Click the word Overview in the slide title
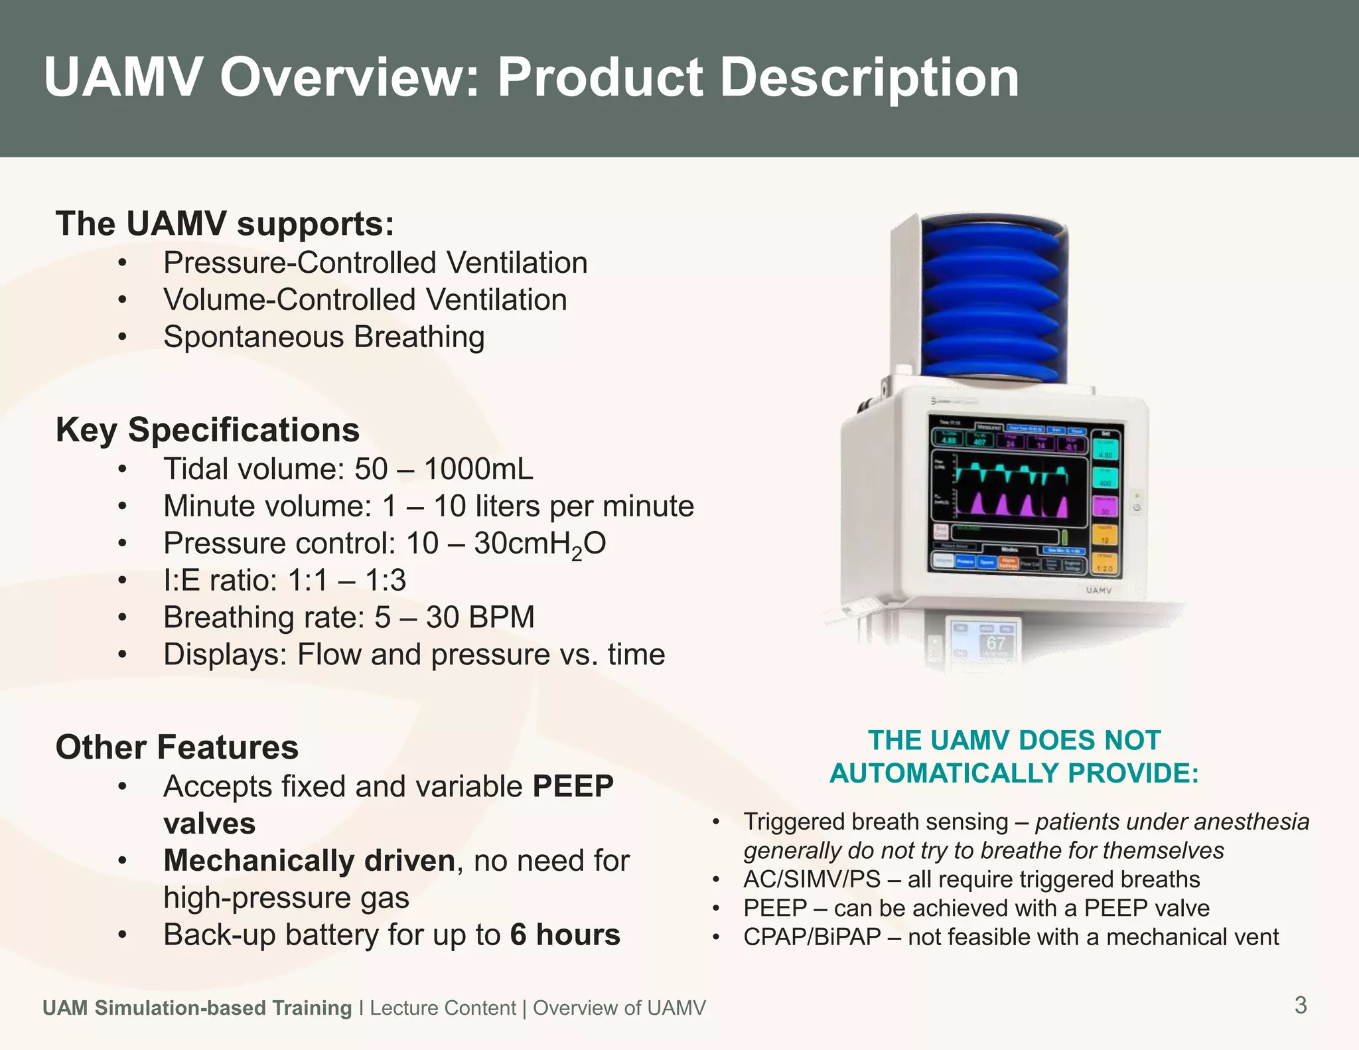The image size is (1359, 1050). point(349,78)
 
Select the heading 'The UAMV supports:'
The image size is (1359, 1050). point(225,224)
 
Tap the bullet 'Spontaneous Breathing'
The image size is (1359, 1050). point(324,337)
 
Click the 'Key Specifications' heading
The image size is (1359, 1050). point(208,430)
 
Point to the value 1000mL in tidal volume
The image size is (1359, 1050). point(478,469)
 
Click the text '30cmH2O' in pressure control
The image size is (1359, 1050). point(539,544)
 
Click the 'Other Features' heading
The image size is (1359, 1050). point(177,747)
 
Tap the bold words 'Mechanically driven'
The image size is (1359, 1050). point(309,861)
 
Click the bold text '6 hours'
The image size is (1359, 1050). point(565,935)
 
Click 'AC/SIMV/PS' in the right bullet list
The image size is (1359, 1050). point(812,879)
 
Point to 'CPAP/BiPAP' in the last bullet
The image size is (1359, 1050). point(812,937)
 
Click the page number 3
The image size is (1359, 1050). point(1301,1006)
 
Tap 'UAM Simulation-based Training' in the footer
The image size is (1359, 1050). point(197,1008)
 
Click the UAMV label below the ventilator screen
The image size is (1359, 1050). point(1099,590)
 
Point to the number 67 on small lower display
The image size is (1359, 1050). point(995,642)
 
